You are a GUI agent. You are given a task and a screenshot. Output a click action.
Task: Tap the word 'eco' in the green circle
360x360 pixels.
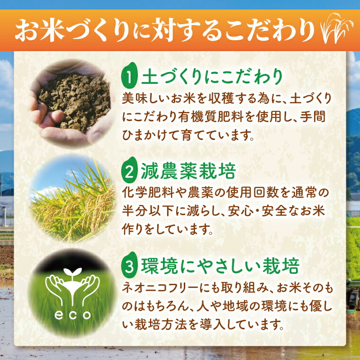[x=71, y=315]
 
